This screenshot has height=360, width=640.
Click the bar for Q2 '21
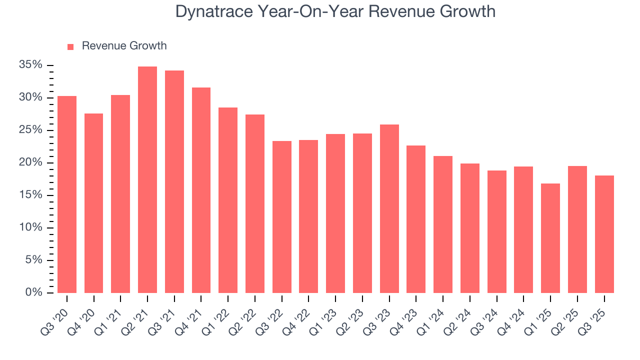[147, 179]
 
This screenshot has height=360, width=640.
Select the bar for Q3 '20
[67, 194]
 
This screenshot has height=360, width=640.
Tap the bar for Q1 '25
[550, 238]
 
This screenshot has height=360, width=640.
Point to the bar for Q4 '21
[201, 190]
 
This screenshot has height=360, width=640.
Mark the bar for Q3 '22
[282, 217]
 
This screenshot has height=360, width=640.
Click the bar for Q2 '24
[470, 228]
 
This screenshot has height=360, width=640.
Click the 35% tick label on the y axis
[30, 65]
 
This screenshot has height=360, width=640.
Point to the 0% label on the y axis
[33, 292]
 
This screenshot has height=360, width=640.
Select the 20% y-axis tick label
[30, 162]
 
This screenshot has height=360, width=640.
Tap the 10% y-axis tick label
[30, 227]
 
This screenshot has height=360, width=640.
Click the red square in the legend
[70, 46]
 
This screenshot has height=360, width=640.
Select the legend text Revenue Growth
[124, 46]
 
